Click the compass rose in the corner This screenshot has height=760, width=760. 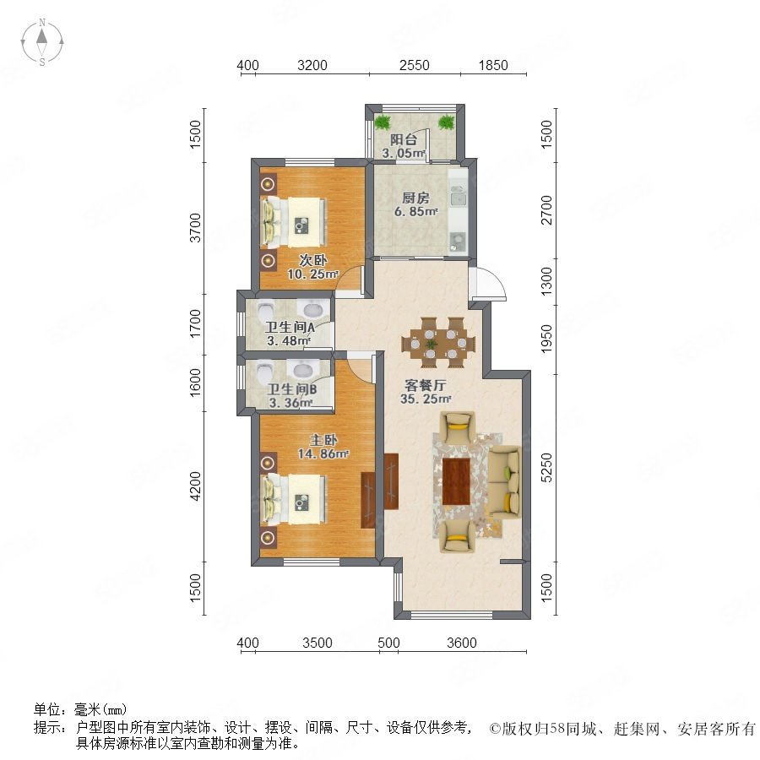pyautogui.click(x=42, y=42)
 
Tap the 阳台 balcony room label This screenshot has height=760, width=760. pyautogui.click(x=404, y=140)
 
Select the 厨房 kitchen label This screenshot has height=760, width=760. pyautogui.click(x=415, y=198)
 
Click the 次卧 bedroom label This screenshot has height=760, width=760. pyautogui.click(x=312, y=260)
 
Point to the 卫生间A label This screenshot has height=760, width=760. pyautogui.click(x=290, y=327)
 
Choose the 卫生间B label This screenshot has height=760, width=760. pyautogui.click(x=292, y=389)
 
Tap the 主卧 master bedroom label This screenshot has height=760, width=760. pyautogui.click(x=323, y=440)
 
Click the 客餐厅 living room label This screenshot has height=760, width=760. pyautogui.click(x=425, y=386)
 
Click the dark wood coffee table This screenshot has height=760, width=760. pyautogui.click(x=456, y=481)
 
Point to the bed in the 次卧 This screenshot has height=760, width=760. pyautogui.click(x=294, y=222)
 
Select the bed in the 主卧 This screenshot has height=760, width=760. pyautogui.click(x=294, y=500)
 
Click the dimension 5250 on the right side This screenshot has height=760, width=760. pyautogui.click(x=546, y=467)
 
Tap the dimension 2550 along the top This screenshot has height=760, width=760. pyautogui.click(x=415, y=65)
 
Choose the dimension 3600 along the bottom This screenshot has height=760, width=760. pyautogui.click(x=462, y=643)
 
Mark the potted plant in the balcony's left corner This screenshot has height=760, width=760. pyautogui.click(x=383, y=122)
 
